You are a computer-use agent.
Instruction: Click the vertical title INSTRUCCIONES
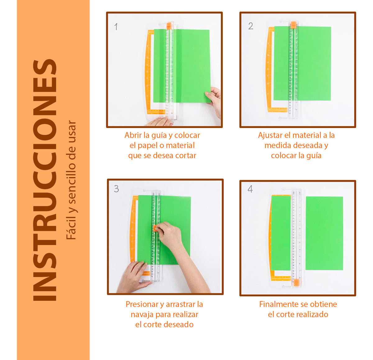(45, 180)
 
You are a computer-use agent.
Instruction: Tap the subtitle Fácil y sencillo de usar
(71, 180)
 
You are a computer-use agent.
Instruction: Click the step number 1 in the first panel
(116, 27)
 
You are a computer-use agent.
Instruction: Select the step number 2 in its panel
(251, 26)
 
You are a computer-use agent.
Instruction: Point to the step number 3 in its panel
(116, 189)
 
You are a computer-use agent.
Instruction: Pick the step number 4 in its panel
(250, 189)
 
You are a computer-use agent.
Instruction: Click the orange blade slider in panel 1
(169, 26)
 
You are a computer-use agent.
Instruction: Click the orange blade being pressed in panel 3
(155, 228)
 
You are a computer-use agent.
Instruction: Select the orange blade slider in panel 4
(296, 282)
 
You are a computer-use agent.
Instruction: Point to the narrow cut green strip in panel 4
(281, 233)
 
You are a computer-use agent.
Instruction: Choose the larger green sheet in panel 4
(324, 233)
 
